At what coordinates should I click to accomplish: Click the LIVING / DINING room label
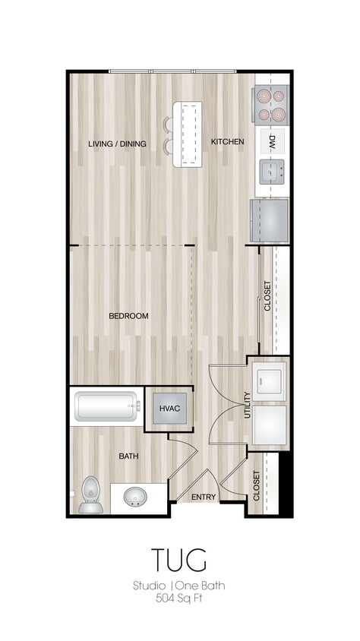(117, 144)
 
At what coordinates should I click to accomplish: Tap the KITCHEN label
(227, 142)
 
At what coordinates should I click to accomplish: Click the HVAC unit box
(169, 409)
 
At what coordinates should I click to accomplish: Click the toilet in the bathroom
(90, 495)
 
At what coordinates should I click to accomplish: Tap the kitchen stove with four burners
(272, 106)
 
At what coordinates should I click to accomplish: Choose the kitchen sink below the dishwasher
(272, 172)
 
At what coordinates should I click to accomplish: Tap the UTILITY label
(248, 406)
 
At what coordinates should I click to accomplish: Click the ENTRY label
(204, 497)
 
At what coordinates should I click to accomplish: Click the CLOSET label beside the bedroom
(267, 297)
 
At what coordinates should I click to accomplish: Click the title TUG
(179, 560)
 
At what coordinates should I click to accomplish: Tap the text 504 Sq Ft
(179, 598)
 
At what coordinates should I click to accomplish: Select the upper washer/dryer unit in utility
(270, 378)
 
